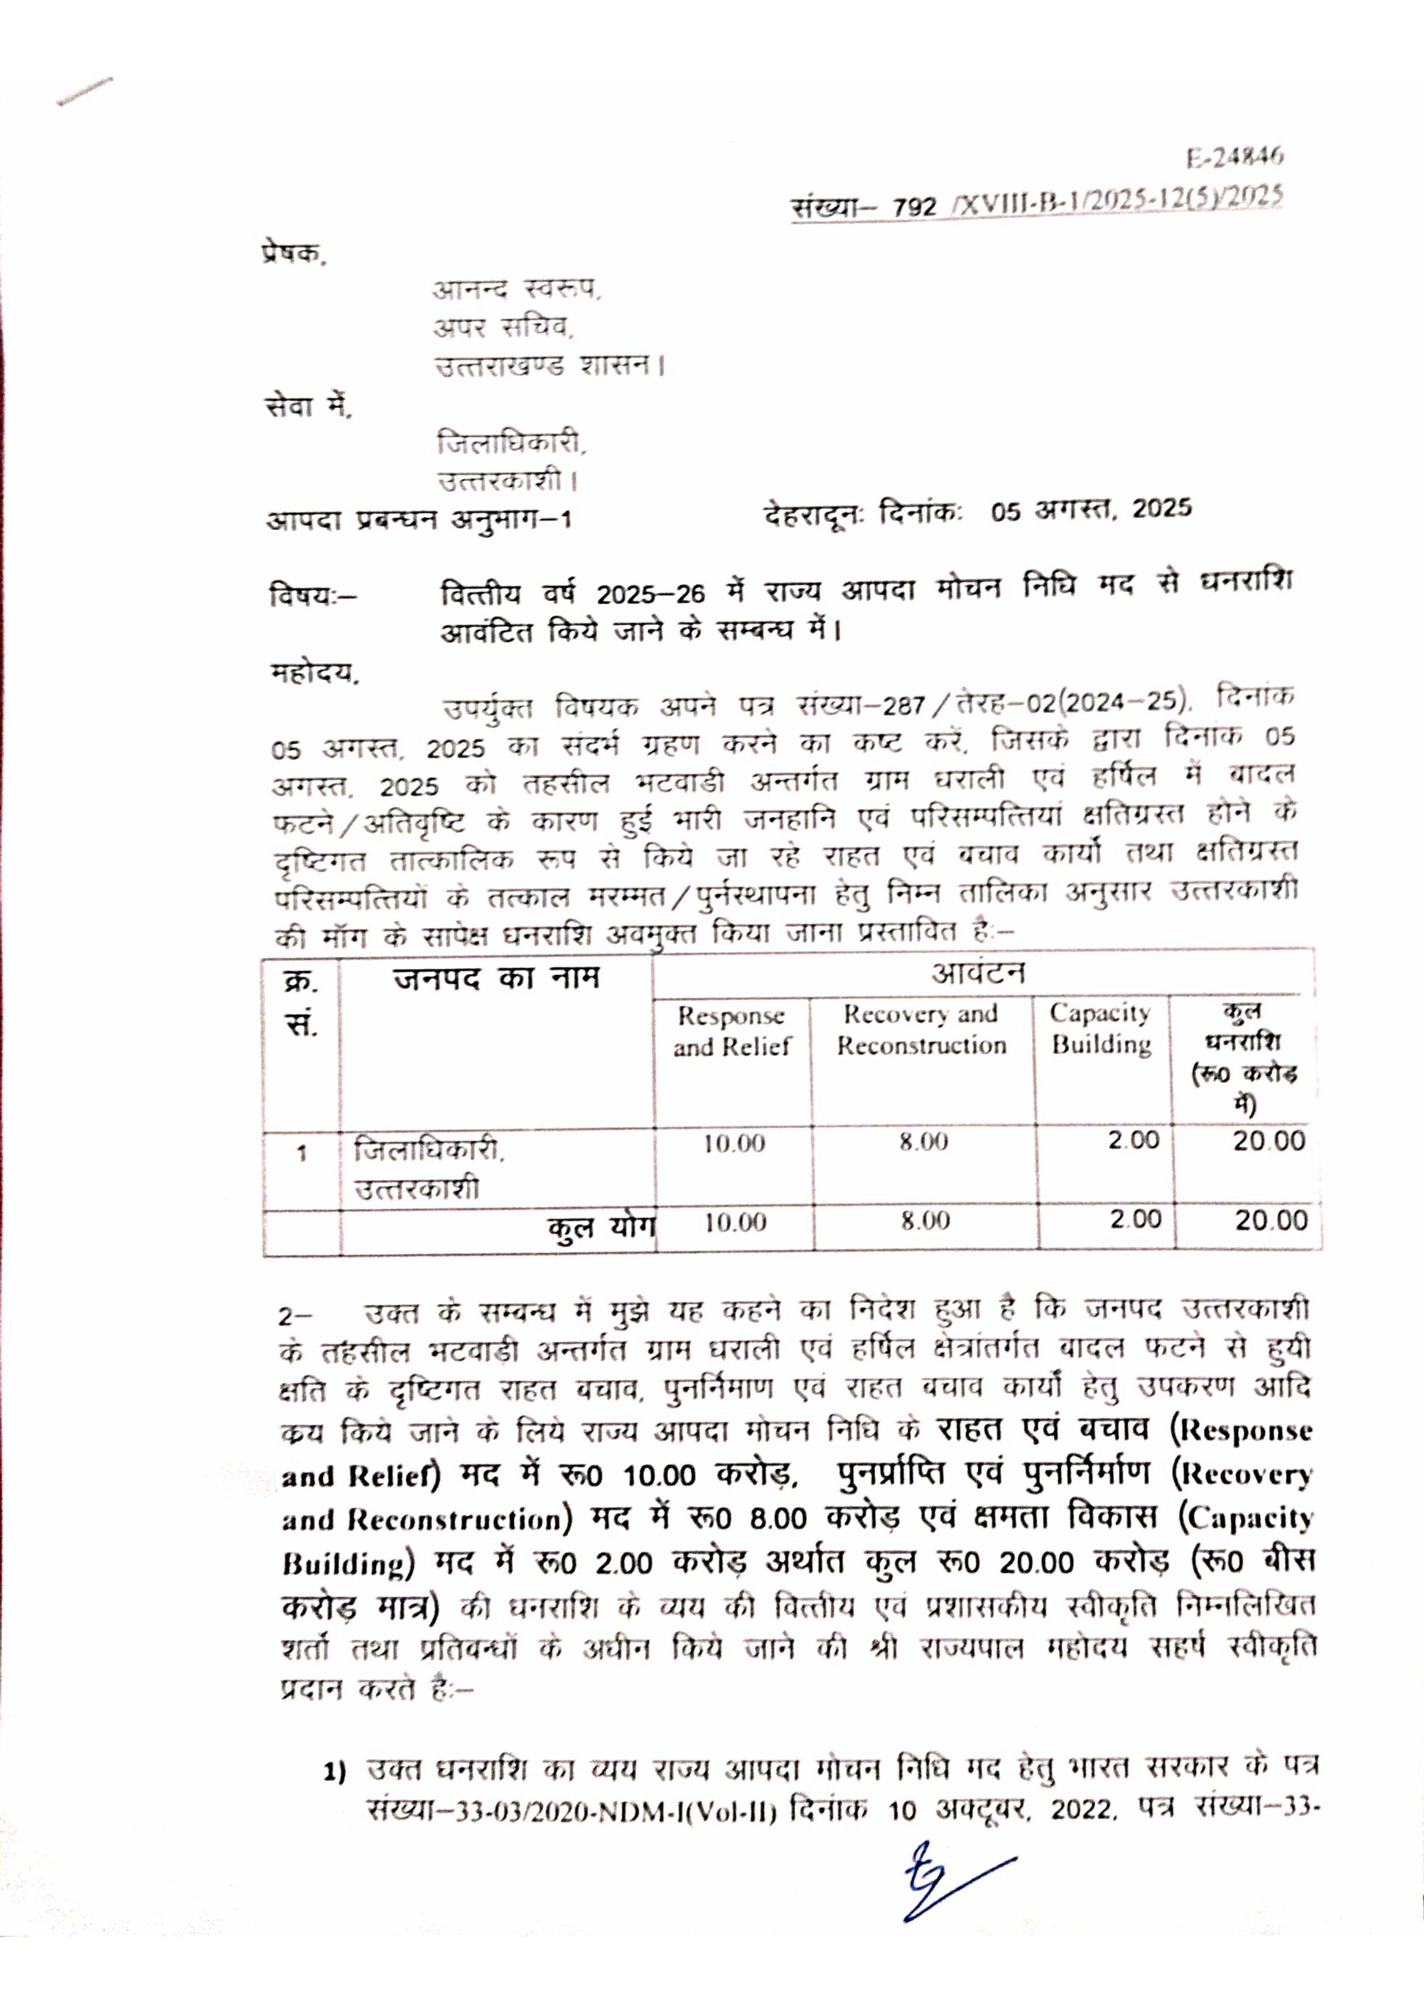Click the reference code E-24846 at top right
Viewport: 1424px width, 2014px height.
pos(1235,157)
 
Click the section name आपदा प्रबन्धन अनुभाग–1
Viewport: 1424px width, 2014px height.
pos(419,520)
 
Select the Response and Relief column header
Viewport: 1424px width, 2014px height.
pos(732,1031)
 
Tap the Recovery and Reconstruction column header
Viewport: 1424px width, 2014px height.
pos(921,1030)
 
